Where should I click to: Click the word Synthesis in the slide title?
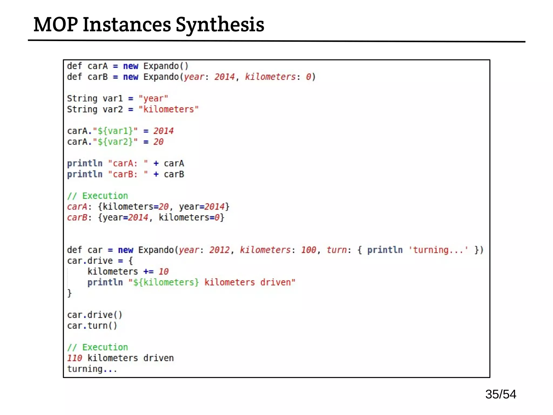pos(220,25)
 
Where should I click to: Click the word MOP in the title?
pos(55,25)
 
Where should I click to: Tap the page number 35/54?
pos(500,394)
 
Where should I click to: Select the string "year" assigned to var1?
pos(153,99)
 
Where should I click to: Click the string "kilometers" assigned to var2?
pos(168,109)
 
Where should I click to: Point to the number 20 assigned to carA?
pos(158,142)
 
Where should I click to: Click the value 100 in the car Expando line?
pos(308,250)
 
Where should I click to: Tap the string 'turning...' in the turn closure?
pos(438,250)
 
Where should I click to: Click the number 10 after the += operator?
pos(163,272)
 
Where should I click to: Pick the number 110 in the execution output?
pos(74,358)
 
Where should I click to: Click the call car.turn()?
pos(92,326)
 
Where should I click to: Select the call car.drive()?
pos(95,315)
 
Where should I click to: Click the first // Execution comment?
pos(97,196)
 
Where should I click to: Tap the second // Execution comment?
pos(97,347)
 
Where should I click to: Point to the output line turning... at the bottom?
pos(92,369)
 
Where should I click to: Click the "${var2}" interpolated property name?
pos(115,142)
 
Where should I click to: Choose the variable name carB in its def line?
pos(97,77)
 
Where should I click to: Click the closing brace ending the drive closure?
pos(69,293)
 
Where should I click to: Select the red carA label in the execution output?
pos(77,207)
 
